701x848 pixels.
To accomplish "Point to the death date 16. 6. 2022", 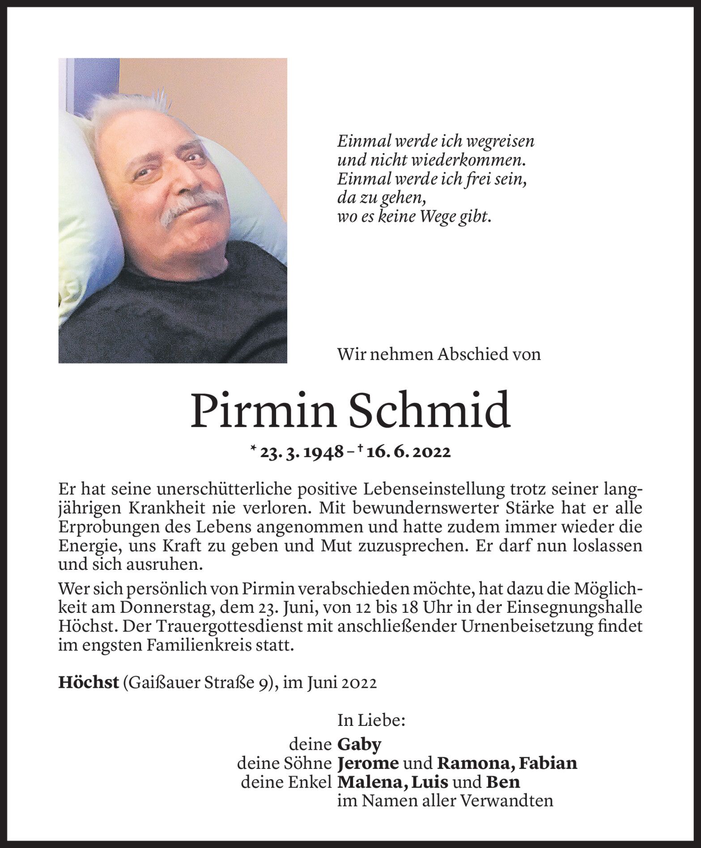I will (408, 452).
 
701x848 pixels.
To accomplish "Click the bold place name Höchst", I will (89, 683).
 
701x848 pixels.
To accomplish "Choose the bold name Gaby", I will (359, 744).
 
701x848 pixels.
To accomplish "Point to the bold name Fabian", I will (549, 763).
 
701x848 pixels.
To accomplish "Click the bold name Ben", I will (503, 782).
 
